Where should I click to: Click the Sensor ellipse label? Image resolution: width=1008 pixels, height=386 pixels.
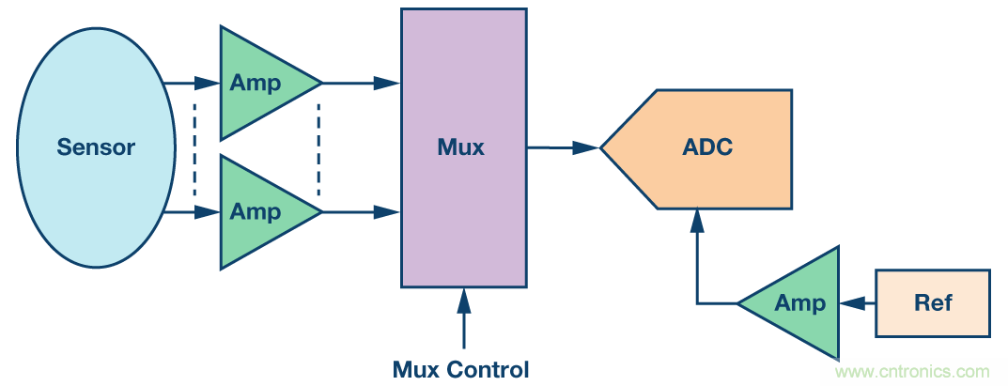click(x=96, y=147)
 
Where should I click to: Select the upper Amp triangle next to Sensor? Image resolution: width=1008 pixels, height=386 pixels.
click(x=256, y=83)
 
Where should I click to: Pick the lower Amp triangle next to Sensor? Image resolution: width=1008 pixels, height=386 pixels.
click(x=256, y=212)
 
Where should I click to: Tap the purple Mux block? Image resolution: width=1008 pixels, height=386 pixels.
click(x=462, y=147)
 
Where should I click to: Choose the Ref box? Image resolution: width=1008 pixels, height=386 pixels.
click(x=932, y=303)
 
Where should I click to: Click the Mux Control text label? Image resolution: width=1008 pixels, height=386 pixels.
click(x=460, y=369)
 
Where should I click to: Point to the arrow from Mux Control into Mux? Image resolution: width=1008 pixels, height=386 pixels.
click(x=462, y=319)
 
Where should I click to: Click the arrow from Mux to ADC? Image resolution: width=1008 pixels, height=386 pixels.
click(x=564, y=147)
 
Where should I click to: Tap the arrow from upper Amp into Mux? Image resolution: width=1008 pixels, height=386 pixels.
click(x=362, y=83)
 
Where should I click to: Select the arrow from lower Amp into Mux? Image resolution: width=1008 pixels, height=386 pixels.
click(x=362, y=212)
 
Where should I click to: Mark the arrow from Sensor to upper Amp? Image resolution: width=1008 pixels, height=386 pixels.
click(x=193, y=83)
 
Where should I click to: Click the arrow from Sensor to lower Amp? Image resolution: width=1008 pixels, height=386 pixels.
click(x=193, y=212)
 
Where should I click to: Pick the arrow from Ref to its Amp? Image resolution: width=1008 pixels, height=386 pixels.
click(x=858, y=303)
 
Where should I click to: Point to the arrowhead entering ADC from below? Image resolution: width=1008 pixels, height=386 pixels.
click(x=697, y=220)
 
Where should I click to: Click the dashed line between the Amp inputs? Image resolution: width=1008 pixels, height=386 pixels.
click(x=194, y=147)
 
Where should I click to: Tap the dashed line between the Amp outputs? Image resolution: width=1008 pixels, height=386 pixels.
click(x=319, y=147)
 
